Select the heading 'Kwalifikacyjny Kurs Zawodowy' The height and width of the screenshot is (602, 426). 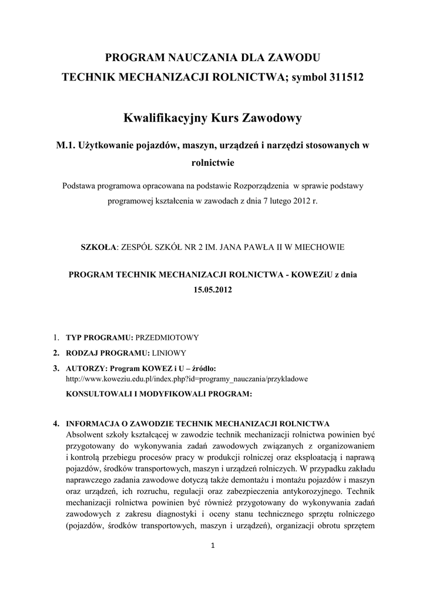click(x=213, y=119)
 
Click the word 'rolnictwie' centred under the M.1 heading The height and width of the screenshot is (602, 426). click(x=213, y=163)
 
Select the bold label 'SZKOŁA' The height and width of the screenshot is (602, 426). click(x=98, y=248)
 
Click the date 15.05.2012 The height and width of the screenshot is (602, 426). click(x=213, y=289)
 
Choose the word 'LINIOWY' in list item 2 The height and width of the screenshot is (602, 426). click(x=169, y=353)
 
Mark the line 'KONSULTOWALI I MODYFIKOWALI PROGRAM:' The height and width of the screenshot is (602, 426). click(x=159, y=394)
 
